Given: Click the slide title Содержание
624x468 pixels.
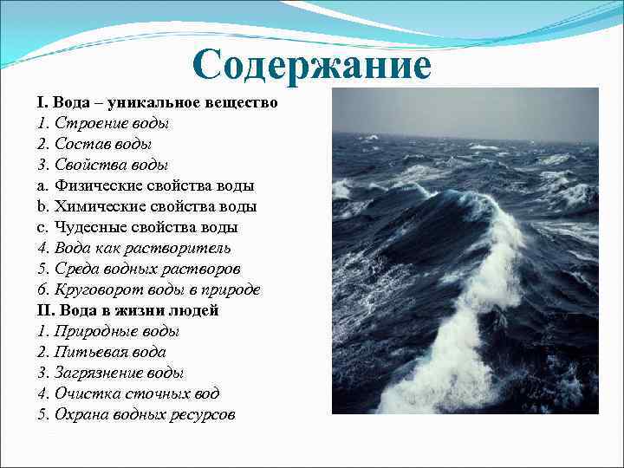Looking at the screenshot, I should pos(312,66).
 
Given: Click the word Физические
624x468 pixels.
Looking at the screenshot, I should pos(100,185).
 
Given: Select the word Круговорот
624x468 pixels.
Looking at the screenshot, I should pos(96,289).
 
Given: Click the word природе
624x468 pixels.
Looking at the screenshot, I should pos(229,289).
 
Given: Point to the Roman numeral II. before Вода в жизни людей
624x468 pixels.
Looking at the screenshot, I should pos(44,310).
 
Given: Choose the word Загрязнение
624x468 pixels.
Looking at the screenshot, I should pos(100,373).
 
